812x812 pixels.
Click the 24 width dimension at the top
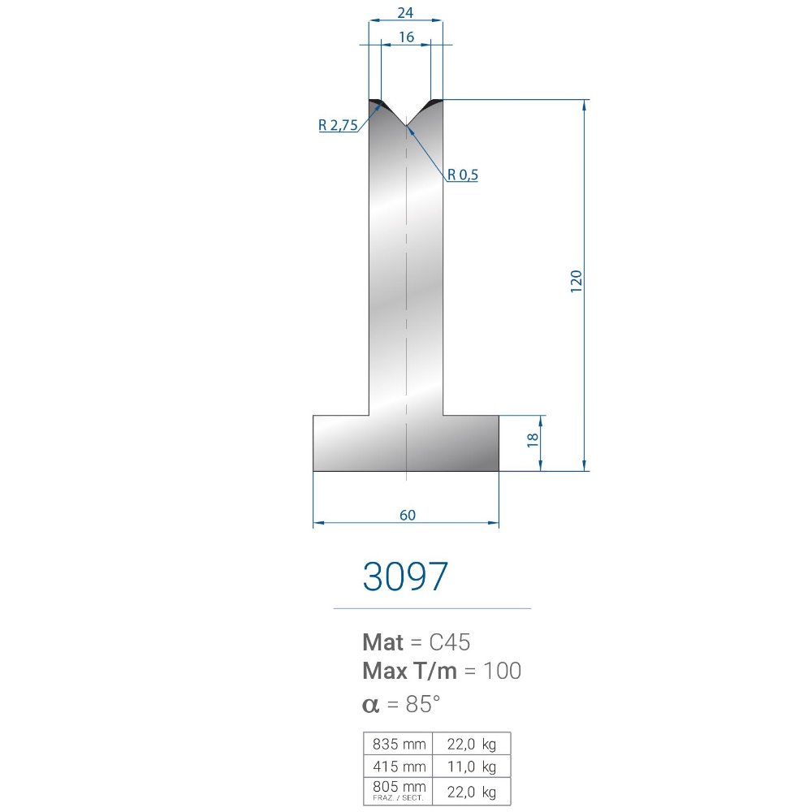[405, 12]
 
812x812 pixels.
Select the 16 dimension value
[407, 37]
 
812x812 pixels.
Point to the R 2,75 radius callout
[338, 125]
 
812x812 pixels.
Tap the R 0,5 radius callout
[463, 175]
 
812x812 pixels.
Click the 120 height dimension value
[577, 281]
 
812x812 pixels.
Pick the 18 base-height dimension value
[533, 440]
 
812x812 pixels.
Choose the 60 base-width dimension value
[408, 515]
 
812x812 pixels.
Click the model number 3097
[405, 577]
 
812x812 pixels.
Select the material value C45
[450, 642]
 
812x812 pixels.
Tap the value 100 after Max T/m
[502, 671]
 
